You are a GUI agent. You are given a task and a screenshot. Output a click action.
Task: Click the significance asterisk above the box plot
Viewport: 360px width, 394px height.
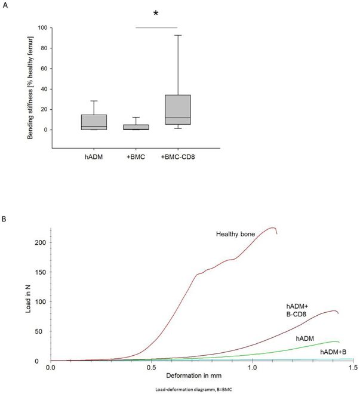(x=157, y=13)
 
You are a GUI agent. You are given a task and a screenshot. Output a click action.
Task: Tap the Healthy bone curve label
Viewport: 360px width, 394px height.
(x=236, y=233)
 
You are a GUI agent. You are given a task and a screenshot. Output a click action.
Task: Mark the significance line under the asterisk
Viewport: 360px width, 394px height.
(x=157, y=27)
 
